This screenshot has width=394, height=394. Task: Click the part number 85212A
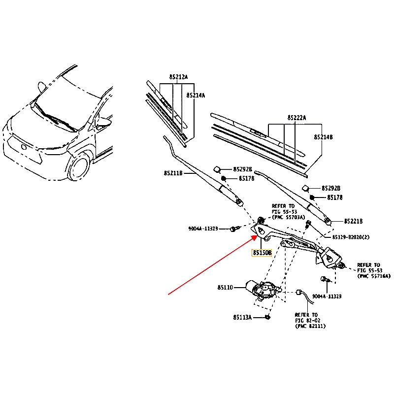tap(178, 77)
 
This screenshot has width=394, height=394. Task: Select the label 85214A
tap(196, 96)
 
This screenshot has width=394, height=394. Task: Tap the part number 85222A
tap(297, 118)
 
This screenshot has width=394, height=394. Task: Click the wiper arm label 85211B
tap(173, 173)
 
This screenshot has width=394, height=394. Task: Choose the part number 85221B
tap(353, 221)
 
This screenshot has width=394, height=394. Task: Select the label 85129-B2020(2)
tap(351, 237)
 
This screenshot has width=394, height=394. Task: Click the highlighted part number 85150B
tap(262, 253)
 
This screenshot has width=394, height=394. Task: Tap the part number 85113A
tap(242, 318)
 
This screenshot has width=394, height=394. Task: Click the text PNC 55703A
tap(288, 217)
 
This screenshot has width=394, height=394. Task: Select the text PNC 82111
tap(310, 326)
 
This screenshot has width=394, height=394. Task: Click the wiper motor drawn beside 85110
tap(262, 289)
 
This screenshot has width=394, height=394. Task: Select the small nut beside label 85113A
tap(267, 317)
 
